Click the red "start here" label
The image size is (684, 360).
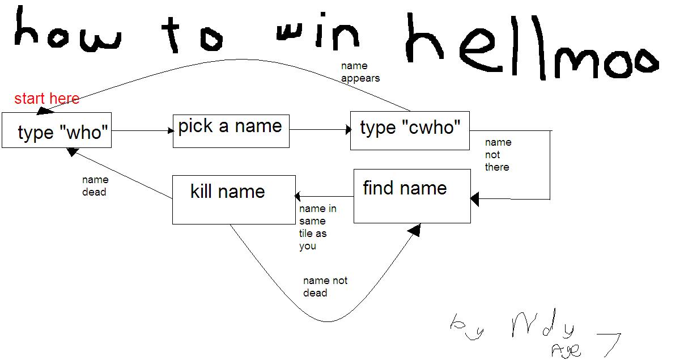(46, 99)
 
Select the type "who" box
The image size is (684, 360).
(57, 130)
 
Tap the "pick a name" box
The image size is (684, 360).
(231, 131)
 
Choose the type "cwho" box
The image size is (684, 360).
(410, 130)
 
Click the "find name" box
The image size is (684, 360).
(412, 196)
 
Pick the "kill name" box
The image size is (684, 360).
(233, 200)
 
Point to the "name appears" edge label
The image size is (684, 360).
(360, 72)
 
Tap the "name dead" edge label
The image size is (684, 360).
(95, 186)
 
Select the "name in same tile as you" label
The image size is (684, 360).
(317, 227)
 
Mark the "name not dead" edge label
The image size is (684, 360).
(325, 287)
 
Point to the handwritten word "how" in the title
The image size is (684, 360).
(67, 32)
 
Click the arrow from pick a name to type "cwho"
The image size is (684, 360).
(320, 130)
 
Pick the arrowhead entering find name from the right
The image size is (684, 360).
(475, 199)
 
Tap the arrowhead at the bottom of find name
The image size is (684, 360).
(414, 230)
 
